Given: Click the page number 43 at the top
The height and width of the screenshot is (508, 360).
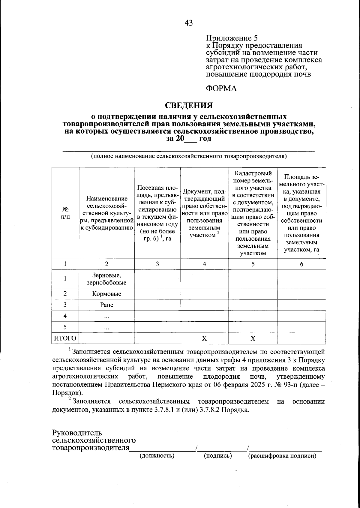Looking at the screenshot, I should coord(189,23).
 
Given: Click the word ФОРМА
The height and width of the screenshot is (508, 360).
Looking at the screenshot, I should coord(221,89).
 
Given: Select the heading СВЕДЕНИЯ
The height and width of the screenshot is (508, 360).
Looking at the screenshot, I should coord(189,105).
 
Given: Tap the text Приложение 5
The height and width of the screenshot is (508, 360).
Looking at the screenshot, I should coord(232,38).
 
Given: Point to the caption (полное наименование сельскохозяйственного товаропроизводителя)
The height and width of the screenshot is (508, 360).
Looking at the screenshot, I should coord(189,156).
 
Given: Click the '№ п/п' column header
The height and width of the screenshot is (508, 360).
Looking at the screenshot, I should coord(65,213).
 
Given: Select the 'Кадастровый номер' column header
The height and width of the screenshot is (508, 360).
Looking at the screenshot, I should coord(253,213).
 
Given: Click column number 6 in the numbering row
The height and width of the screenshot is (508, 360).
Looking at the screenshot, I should coord(301,264).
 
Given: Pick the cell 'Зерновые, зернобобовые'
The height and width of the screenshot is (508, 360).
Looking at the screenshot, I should coord(106,279).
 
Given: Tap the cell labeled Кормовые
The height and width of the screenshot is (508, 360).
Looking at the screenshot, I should coord(106,294).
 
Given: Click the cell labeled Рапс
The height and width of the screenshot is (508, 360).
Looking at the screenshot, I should coord(106,305).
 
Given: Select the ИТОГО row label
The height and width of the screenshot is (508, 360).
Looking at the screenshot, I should coord(65,338).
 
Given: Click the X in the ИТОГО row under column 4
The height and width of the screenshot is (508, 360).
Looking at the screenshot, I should coord(204,338).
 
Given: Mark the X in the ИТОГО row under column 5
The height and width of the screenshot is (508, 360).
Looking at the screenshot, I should coord(253,338).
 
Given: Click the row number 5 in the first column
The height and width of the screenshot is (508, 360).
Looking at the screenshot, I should coord(65,327).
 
